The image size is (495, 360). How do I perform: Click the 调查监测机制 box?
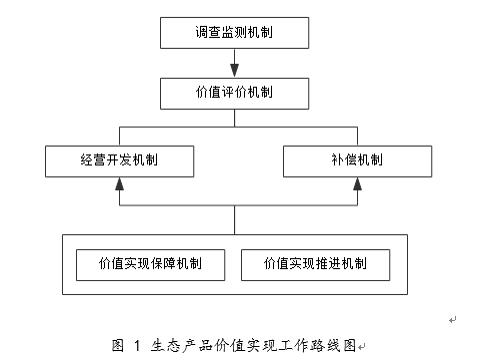pos(235,32)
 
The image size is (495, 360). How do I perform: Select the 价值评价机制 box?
pos(235,93)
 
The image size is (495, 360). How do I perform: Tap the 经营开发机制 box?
pos(119,160)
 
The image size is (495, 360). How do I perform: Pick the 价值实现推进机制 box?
pos(315,264)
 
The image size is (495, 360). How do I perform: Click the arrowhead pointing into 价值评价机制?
pos(235,71)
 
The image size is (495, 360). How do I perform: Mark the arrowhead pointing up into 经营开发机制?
pos(119,184)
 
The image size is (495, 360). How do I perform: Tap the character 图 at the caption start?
pos(118,345)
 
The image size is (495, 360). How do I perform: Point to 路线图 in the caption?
pos(336,345)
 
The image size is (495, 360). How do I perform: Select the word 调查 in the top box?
pos(208,32)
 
